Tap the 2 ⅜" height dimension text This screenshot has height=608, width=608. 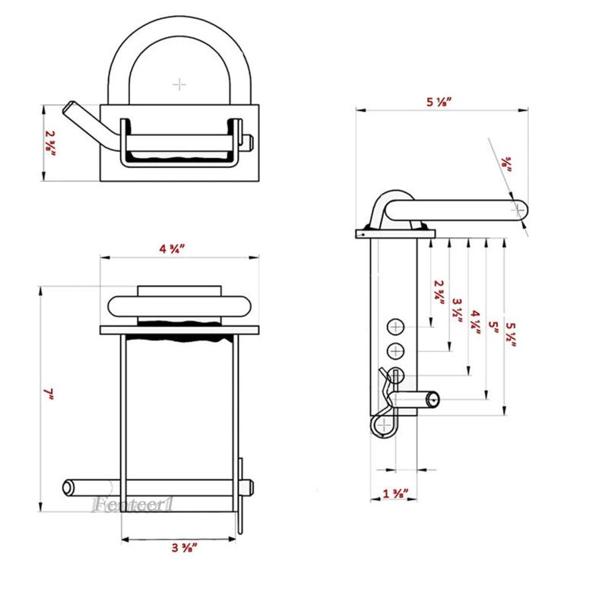point(50,143)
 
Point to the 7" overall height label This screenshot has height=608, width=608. point(49,393)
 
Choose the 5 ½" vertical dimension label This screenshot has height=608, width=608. point(511,334)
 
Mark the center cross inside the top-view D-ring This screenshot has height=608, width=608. point(179,84)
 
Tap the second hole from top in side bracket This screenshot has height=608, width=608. point(396,351)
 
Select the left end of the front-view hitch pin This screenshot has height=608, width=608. point(68,487)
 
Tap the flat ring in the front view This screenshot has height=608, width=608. point(179,306)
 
